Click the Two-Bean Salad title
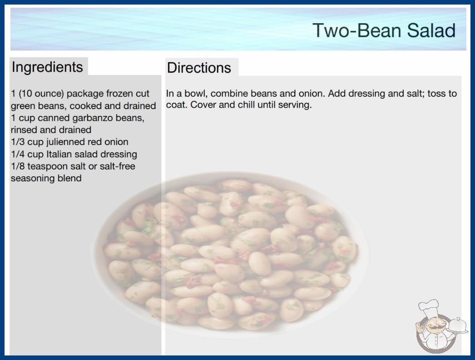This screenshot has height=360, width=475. pyautogui.click(x=384, y=30)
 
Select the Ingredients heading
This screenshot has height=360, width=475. pyautogui.click(x=47, y=67)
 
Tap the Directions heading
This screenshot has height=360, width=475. pyautogui.click(x=199, y=68)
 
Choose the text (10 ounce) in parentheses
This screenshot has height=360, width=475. pyautogui.click(x=41, y=94)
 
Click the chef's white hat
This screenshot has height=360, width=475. pyautogui.click(x=429, y=308)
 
